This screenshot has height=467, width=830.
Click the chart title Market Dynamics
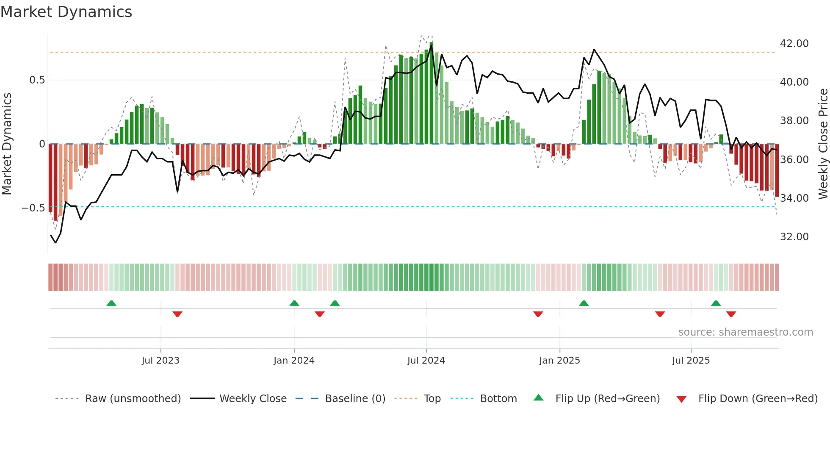(66, 12)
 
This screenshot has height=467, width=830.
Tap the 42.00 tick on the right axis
(794, 44)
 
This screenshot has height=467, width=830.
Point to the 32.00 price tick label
(794, 237)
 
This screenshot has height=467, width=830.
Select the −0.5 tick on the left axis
(33, 208)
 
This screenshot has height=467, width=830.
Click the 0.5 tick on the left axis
(37, 80)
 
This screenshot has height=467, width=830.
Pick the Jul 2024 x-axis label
(426, 361)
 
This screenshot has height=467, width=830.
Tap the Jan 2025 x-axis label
(559, 361)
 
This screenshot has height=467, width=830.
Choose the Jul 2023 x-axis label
(160, 361)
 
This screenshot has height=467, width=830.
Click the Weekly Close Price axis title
(823, 144)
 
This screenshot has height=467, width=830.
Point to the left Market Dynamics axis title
(7, 144)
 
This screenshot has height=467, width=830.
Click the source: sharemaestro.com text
(745, 332)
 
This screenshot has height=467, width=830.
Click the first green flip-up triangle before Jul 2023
(111, 303)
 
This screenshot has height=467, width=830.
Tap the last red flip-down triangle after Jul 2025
(731, 314)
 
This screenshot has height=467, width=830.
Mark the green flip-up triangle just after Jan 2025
(584, 303)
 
